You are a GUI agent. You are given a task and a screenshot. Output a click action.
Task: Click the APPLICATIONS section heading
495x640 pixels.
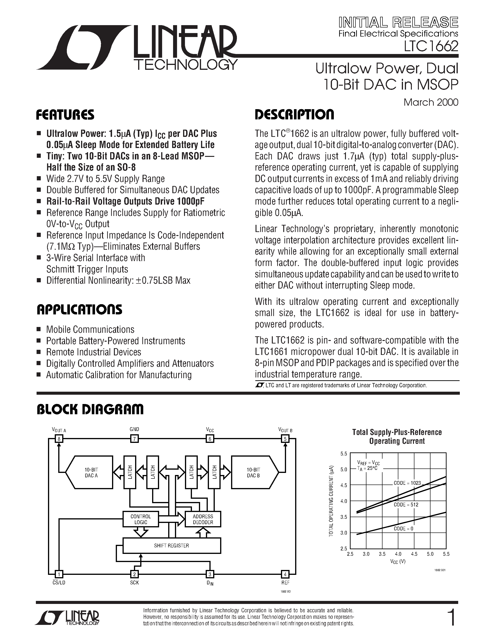pyautogui.click(x=79, y=310)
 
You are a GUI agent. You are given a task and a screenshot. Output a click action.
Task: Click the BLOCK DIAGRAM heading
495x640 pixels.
pyautogui.click(x=90, y=409)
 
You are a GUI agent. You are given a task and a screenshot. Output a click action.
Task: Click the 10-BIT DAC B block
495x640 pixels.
pyautogui.click(x=253, y=473)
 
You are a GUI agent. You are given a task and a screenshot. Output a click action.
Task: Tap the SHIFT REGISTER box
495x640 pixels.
pyautogui.click(x=171, y=546)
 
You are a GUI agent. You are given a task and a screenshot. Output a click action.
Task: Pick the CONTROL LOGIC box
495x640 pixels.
pyautogui.click(x=140, y=519)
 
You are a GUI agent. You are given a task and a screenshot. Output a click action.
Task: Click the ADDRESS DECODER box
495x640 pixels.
pyautogui.click(x=203, y=519)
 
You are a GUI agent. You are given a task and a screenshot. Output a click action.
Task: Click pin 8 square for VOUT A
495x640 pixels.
pyautogui.click(x=59, y=439)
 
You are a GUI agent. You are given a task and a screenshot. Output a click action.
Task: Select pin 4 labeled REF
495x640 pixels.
pyautogui.click(x=285, y=574)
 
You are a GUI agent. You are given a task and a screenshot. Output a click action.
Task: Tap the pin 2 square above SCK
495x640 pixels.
pyautogui.click(x=134, y=574)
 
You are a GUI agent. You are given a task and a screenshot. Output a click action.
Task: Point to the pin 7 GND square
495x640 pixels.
pyautogui.click(x=134, y=439)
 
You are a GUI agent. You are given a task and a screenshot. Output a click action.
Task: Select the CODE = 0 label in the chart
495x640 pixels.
pyautogui.click(x=403, y=529)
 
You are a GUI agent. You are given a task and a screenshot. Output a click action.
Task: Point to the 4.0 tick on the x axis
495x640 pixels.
pyautogui.click(x=398, y=554)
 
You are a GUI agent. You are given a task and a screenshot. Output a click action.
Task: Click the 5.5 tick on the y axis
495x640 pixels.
pyautogui.click(x=344, y=454)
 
